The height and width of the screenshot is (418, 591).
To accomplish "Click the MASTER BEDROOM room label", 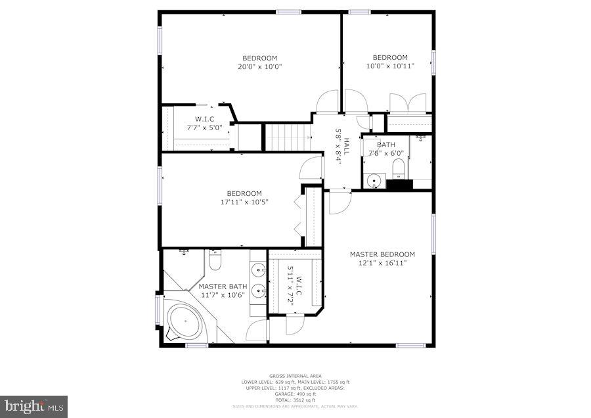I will click(382, 254).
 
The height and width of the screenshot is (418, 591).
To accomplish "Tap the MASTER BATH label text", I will click(223, 287).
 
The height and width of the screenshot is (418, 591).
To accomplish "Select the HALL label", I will click(346, 146).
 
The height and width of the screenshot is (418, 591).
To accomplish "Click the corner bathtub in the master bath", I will click(184, 324).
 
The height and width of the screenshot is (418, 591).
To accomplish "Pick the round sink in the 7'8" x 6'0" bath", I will click(374, 179).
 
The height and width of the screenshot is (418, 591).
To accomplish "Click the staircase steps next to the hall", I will click(287, 137).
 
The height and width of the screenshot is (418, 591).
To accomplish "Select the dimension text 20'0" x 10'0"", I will click(259, 66).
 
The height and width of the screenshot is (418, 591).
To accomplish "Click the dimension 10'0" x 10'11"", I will click(390, 66).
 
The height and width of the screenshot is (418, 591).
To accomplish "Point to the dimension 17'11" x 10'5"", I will click(244, 202).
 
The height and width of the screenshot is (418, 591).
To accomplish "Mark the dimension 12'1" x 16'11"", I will click(382, 263).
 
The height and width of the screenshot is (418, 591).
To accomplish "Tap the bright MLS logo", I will click(34, 406).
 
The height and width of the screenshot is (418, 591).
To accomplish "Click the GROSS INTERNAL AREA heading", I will click(295, 377).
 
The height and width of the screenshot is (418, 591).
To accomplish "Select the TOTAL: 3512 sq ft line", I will click(295, 400).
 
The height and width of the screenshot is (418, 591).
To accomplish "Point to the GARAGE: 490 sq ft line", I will click(295, 394).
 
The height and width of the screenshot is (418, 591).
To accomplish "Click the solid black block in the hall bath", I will click(399, 185).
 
